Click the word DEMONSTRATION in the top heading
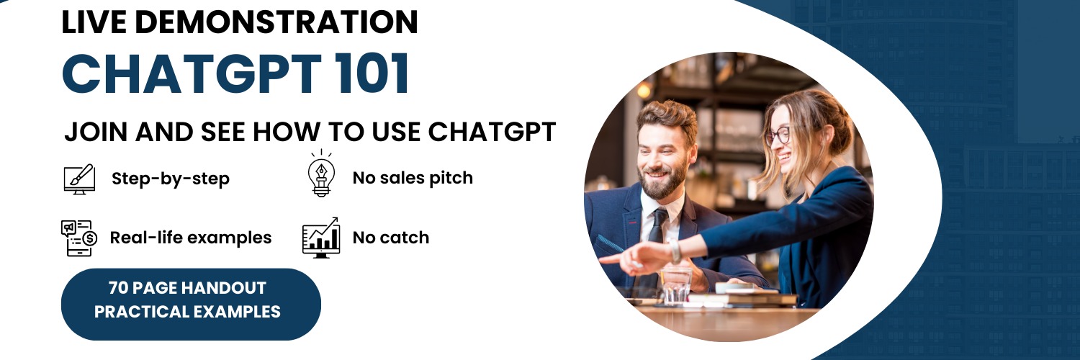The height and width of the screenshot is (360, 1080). tap(276, 22)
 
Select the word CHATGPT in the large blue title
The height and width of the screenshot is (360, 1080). tap(192, 73)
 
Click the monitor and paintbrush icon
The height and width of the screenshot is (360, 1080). tap(79, 179)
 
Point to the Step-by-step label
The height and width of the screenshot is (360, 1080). tap(171, 179)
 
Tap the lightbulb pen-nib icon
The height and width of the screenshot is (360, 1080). tap(322, 174)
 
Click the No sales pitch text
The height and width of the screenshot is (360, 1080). tap(413, 178)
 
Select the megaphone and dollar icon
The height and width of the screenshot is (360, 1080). tap(79, 238)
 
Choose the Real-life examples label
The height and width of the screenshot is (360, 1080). tap(191, 238)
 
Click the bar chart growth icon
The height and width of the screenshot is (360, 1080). tap(321, 238)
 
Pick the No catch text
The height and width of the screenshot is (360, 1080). tap(391, 238)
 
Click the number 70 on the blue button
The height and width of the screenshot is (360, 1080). tap(118, 288)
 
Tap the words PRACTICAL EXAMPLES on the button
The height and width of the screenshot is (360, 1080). tap(187, 312)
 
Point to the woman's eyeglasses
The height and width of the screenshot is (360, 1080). tap(777, 135)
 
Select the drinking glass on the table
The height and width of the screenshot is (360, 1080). tap(676, 287)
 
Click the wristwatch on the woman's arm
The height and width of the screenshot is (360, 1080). tap(675, 251)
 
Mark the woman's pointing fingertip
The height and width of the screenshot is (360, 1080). tap(602, 259)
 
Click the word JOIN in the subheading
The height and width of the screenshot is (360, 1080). tap(96, 132)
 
